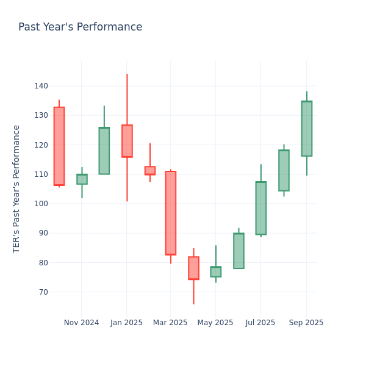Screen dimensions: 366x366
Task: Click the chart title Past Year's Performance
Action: pos(80,27)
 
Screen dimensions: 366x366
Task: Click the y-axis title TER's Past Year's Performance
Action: pos(17,188)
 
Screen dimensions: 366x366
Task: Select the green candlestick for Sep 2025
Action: pos(306,129)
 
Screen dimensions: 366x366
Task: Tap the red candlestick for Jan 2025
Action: pos(127,141)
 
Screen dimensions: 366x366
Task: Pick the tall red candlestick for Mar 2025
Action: pos(171,213)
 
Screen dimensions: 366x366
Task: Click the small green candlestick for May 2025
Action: pos(216,271)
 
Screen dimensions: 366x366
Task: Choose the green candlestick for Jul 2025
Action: pos(260,208)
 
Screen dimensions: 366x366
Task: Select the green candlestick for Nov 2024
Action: pos(82,179)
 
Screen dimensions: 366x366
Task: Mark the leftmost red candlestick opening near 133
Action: pos(59,146)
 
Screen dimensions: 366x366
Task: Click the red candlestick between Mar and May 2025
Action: pos(193,268)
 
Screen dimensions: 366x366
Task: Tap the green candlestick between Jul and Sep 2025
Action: pos(284,170)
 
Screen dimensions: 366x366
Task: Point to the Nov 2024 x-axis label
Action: pos(81,323)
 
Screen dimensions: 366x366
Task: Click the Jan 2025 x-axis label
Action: pos(126,323)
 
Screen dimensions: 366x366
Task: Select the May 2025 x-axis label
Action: pos(215,323)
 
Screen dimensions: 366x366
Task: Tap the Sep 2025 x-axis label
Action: pos(306,323)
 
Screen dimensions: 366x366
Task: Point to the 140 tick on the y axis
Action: pos(41,86)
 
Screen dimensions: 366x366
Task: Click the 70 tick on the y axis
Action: pos(43,292)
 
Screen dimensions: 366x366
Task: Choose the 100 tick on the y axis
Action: pos(41,204)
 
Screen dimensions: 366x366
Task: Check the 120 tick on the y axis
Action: pos(41,145)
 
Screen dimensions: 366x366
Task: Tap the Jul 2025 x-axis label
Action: pos(260,323)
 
